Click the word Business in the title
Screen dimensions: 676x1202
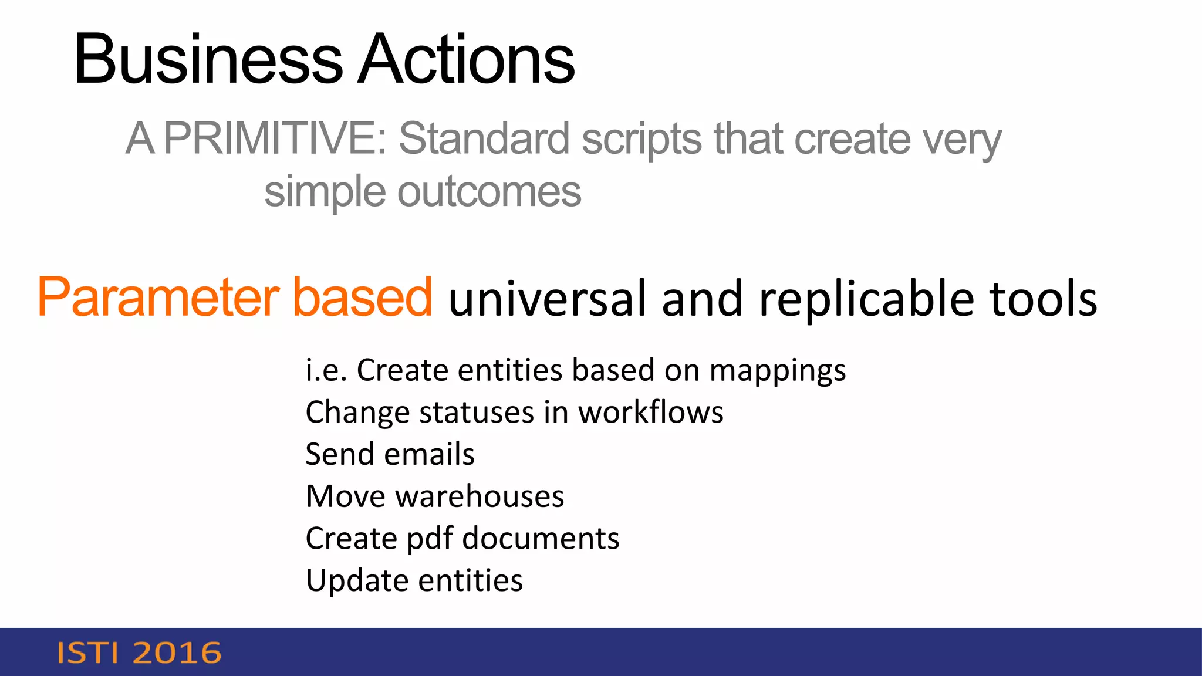click(208, 60)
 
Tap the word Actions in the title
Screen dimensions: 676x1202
click(467, 60)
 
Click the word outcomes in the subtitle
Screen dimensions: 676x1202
click(489, 192)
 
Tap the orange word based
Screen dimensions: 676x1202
click(362, 298)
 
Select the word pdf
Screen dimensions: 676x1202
click(430, 539)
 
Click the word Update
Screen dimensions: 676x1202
click(356, 581)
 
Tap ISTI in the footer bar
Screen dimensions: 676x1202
click(87, 653)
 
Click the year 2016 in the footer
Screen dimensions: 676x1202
click(177, 653)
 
